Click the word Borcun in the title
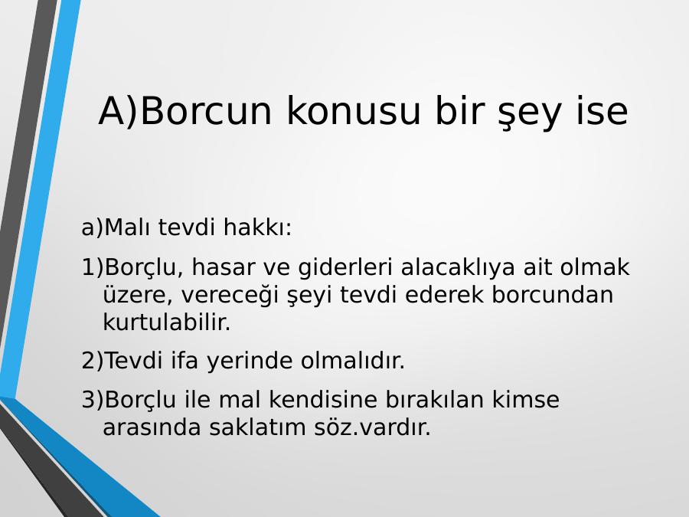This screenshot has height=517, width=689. click(206, 111)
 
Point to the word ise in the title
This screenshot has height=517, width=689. click(602, 111)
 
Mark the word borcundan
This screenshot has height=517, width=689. click(552, 295)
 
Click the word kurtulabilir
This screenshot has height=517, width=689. click(167, 322)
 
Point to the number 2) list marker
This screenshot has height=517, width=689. click(93, 361)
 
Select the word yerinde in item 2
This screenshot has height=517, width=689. click(250, 362)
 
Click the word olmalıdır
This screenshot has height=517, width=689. click(352, 361)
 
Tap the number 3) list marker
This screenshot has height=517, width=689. click(93, 400)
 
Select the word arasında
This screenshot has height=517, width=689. click(152, 427)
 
